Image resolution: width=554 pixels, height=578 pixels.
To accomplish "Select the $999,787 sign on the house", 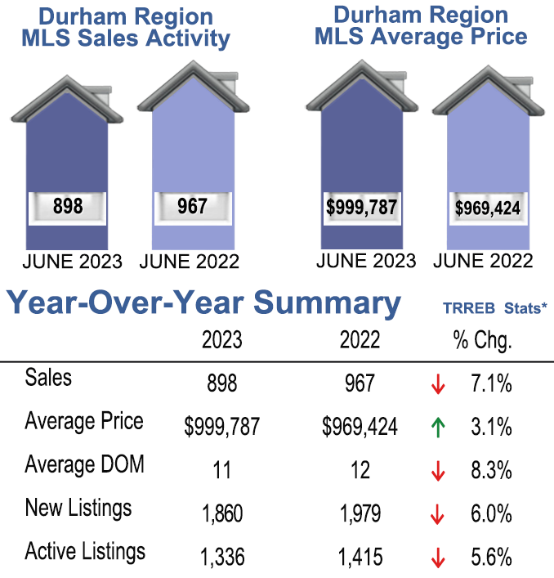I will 361,207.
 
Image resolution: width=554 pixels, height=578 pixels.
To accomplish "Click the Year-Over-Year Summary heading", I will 204,303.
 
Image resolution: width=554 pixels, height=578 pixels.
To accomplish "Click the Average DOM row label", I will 84,465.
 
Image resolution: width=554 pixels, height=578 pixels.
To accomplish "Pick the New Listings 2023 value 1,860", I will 222,513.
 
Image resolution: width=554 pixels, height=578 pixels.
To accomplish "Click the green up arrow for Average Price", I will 438,427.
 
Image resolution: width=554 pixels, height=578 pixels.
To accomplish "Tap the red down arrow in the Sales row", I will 438,383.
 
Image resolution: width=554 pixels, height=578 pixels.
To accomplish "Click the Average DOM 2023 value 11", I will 222,470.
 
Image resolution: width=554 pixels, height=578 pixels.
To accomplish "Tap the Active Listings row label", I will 85,552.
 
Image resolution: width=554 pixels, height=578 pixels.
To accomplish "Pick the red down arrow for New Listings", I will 438,514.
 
